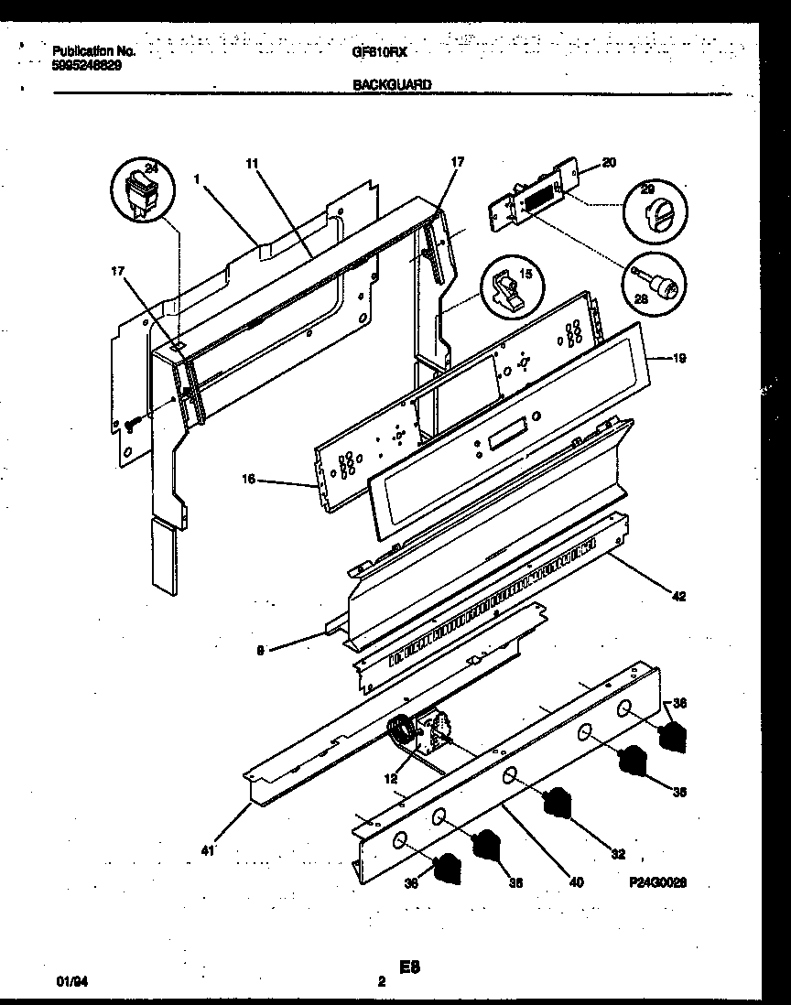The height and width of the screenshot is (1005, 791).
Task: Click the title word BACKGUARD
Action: tap(392, 84)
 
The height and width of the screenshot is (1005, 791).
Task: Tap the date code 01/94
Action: tap(68, 980)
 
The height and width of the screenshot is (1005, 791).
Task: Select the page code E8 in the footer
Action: tap(408, 966)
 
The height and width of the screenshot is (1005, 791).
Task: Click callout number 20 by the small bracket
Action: tap(609, 163)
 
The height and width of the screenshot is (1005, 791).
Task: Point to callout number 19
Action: tap(678, 360)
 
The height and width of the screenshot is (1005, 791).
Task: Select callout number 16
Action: tap(250, 479)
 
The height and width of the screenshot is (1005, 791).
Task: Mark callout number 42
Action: tap(678, 596)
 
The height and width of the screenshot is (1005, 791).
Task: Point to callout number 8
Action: tap(262, 651)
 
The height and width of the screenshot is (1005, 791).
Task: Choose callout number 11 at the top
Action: tap(252, 163)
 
